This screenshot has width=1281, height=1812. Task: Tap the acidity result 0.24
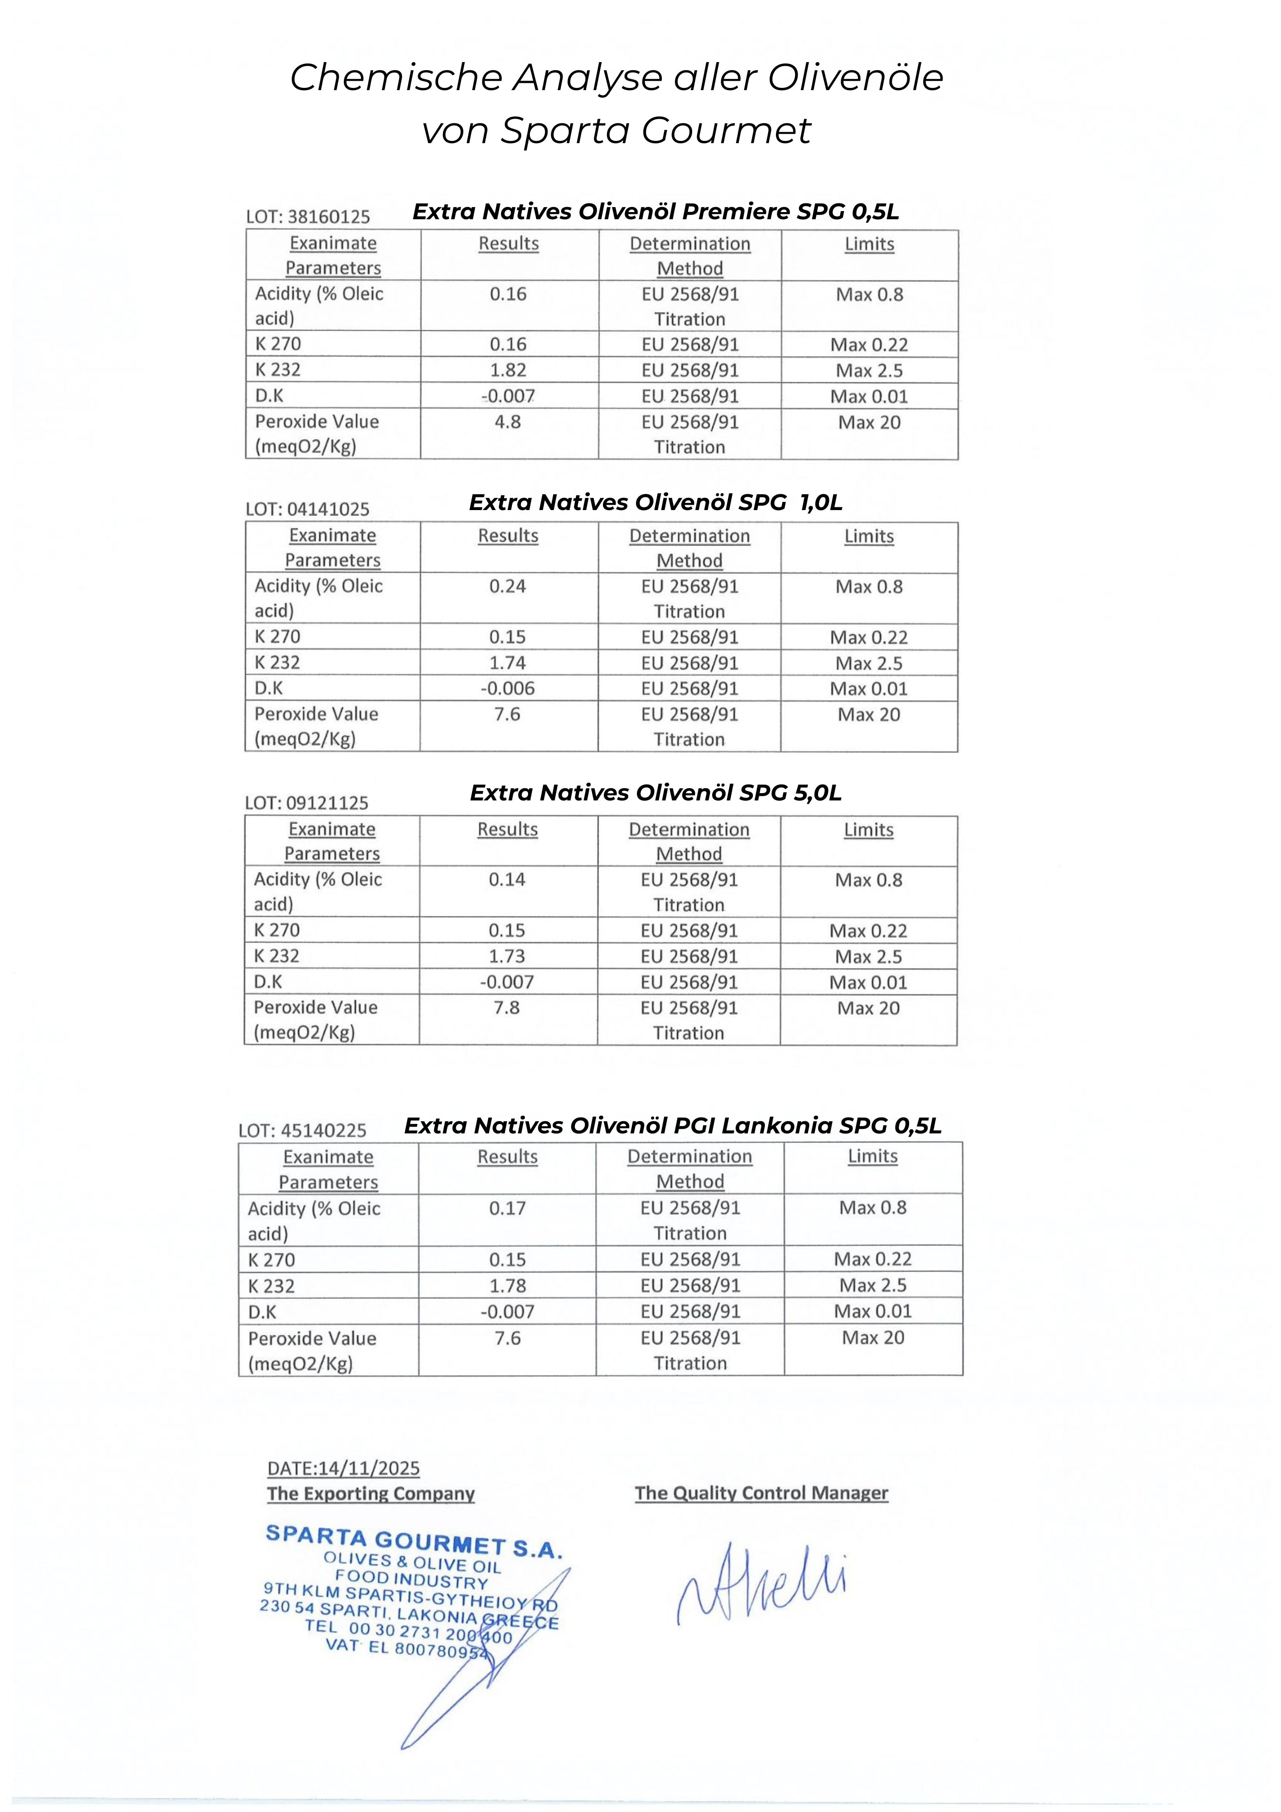[507, 586]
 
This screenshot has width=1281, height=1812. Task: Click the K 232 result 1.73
[507, 956]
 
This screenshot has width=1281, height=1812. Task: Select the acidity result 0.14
[507, 880]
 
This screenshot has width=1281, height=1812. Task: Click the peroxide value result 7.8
[507, 1008]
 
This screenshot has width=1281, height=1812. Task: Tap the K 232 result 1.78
[507, 1286]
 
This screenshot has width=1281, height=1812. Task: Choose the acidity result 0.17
[507, 1208]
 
